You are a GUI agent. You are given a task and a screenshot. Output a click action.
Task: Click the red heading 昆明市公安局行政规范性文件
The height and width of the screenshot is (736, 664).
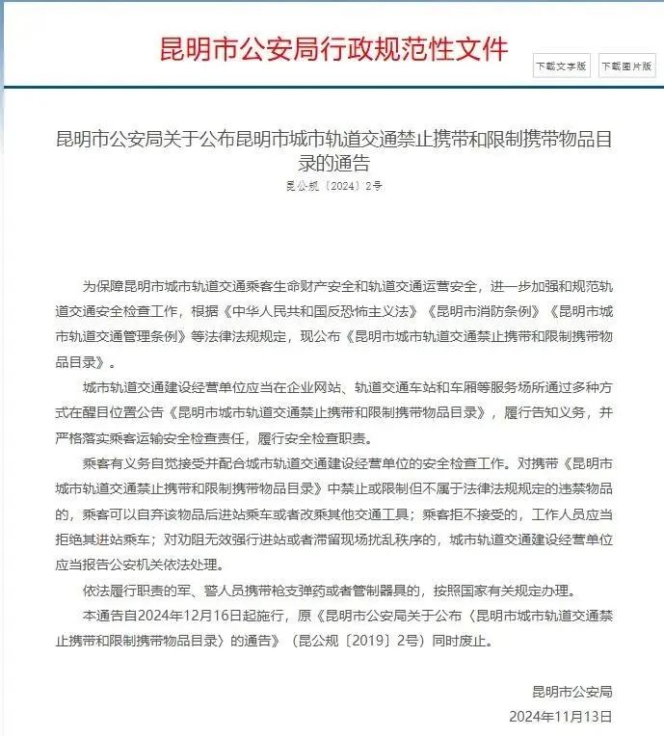[332, 47]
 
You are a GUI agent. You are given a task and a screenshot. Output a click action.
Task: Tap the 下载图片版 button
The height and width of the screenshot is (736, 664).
[625, 66]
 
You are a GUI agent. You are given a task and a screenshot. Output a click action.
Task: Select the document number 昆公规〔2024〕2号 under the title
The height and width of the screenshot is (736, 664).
[334, 186]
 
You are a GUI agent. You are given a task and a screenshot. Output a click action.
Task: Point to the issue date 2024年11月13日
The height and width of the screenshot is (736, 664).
[561, 717]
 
